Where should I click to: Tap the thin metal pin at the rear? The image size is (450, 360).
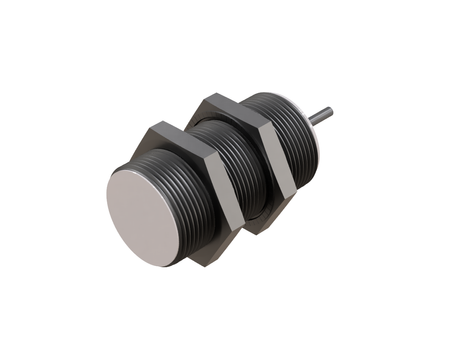pos(320,117)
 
